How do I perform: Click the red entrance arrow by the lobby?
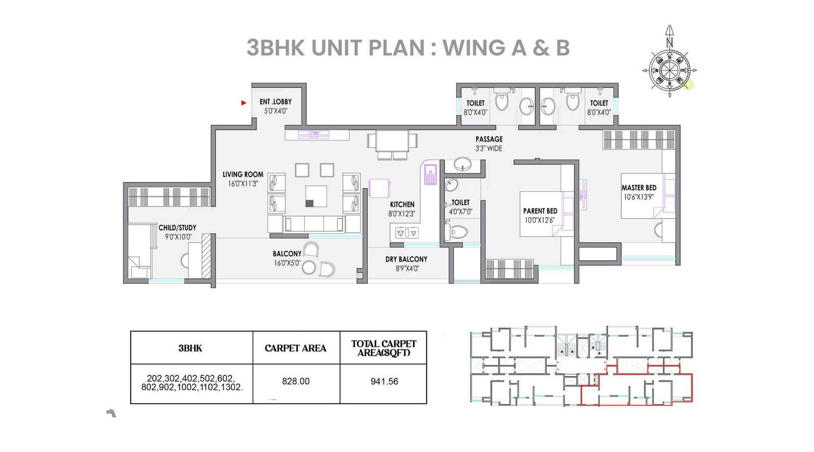pyautogui.click(x=244, y=103)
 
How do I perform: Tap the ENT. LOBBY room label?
pyautogui.click(x=275, y=102)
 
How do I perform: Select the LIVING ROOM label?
pyautogui.click(x=243, y=174)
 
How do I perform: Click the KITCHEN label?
pyautogui.click(x=402, y=204)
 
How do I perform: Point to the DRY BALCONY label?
pyautogui.click(x=406, y=259)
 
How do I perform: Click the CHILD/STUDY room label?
pyautogui.click(x=177, y=228)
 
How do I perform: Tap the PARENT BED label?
pyautogui.click(x=540, y=211)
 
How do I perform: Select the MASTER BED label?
pyautogui.click(x=638, y=188)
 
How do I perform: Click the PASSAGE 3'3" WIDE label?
pyautogui.click(x=489, y=143)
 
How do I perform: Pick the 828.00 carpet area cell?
pyautogui.click(x=296, y=381)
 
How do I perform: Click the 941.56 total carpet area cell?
pyautogui.click(x=384, y=381)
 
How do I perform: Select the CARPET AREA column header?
pyautogui.click(x=295, y=348)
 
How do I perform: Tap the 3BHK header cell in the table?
pyautogui.click(x=190, y=348)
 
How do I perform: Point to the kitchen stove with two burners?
pyautogui.click(x=407, y=233)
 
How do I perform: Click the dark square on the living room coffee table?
pyautogui.click(x=309, y=203)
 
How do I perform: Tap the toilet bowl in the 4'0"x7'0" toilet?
pyautogui.click(x=458, y=232)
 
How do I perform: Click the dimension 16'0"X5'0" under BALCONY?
pyautogui.click(x=287, y=263)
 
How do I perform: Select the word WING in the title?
pyautogui.click(x=474, y=48)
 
